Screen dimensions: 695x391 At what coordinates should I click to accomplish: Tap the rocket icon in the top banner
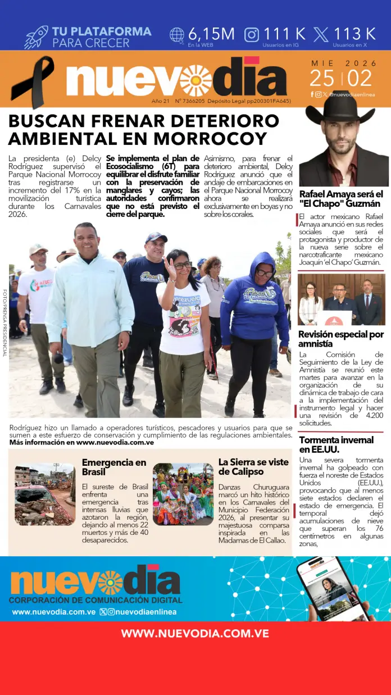click(x=36, y=37)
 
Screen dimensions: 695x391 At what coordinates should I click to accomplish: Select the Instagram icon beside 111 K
click(x=252, y=35)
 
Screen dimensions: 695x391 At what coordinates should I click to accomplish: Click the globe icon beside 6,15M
click(x=177, y=35)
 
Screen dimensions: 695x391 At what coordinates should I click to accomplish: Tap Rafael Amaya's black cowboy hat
click(x=339, y=107)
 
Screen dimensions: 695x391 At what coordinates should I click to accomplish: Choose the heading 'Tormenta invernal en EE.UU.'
click(x=336, y=444)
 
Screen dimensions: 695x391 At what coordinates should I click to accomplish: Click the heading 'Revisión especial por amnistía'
click(x=341, y=339)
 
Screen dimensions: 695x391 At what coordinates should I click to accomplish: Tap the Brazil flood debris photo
click(x=45, y=494)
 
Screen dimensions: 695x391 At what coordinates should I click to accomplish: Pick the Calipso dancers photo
click(x=183, y=494)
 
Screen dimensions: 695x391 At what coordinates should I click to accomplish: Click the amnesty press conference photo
click(x=341, y=299)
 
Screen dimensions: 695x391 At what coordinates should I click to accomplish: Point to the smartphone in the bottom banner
click(x=334, y=587)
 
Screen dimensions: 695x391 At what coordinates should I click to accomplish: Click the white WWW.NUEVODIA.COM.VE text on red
click(x=195, y=634)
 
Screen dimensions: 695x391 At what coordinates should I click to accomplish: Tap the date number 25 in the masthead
click(x=321, y=78)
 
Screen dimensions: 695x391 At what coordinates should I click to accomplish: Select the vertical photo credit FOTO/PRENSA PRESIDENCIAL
click(x=5, y=322)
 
